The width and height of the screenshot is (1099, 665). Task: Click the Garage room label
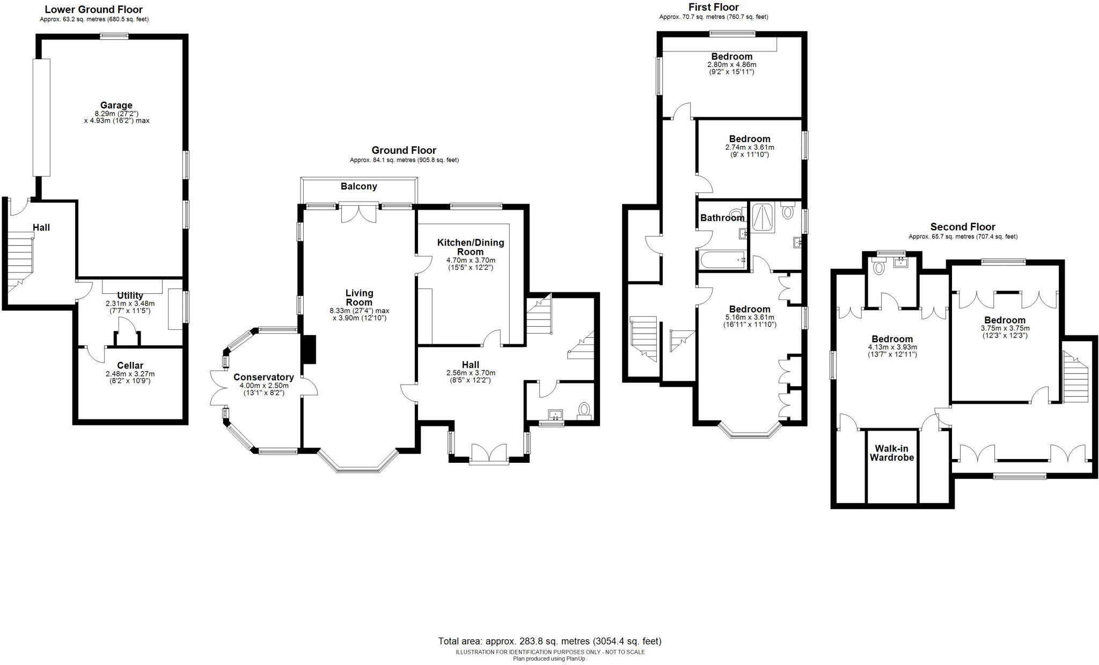pyautogui.click(x=116, y=105)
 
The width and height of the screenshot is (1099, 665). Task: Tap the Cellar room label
pyautogui.click(x=130, y=366)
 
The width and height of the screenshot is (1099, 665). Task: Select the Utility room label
pyautogui.click(x=130, y=295)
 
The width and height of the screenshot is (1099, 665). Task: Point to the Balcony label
pyautogui.click(x=358, y=187)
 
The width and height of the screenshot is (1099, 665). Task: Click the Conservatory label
pyautogui.click(x=263, y=378)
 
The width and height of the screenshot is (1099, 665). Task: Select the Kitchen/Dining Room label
pyautogui.click(x=470, y=247)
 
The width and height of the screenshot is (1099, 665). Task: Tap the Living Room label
pyautogui.click(x=359, y=298)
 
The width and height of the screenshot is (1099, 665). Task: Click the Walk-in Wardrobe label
pyautogui.click(x=891, y=453)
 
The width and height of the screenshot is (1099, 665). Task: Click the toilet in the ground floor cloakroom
pyautogui.click(x=583, y=410)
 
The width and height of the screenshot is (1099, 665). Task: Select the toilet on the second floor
pyautogui.click(x=878, y=267)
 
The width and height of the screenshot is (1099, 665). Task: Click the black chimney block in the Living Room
pyautogui.click(x=310, y=350)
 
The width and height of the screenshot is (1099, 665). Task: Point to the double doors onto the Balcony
pyautogui.click(x=359, y=213)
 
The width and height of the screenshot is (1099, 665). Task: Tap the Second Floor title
pyautogui.click(x=962, y=227)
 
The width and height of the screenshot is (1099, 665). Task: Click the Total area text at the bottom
pyautogui.click(x=549, y=641)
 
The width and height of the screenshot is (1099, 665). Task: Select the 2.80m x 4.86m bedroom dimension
pyautogui.click(x=731, y=65)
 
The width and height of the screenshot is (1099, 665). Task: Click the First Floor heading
pyautogui.click(x=713, y=8)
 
